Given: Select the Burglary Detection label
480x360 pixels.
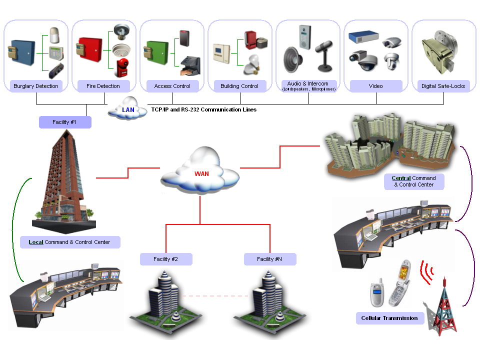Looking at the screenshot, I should (x=36, y=86).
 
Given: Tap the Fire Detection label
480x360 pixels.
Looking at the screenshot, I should (x=104, y=86).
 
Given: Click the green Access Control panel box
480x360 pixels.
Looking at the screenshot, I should (x=154, y=51).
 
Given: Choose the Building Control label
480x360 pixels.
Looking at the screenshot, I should (x=239, y=86).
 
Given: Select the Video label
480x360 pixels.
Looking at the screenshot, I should (x=375, y=86).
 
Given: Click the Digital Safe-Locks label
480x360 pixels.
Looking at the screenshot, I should (x=443, y=86).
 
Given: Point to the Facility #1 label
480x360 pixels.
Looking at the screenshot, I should (x=65, y=122).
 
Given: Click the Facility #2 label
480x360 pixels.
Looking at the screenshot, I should (x=166, y=259).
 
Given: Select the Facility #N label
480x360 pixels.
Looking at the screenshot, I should (x=270, y=259).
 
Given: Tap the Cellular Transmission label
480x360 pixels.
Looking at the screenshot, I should (x=389, y=318).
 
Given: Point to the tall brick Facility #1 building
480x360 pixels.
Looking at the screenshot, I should (x=62, y=180).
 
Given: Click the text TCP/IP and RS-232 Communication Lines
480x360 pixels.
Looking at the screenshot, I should (x=204, y=109).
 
